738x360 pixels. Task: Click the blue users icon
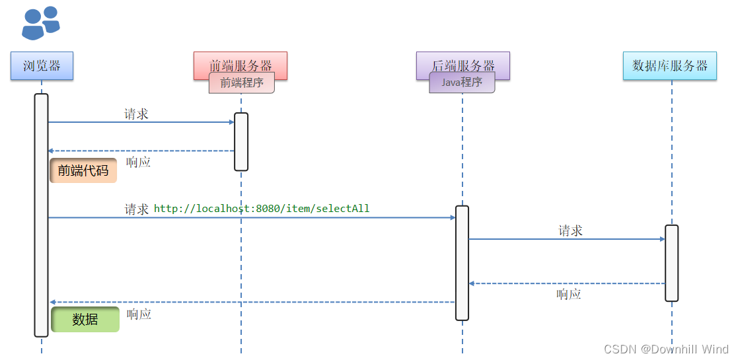tap(41, 23)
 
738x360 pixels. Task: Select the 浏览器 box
tap(42, 65)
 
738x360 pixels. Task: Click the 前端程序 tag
tap(242, 83)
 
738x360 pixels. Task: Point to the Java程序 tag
tap(462, 83)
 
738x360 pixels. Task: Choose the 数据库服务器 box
tap(669, 66)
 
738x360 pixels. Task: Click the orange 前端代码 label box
tap(83, 170)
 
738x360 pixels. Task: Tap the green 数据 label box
tap(85, 319)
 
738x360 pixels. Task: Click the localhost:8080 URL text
tap(262, 209)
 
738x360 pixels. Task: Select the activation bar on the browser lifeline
tap(41, 215)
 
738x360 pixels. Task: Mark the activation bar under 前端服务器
tap(241, 141)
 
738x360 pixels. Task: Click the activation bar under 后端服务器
tap(462, 263)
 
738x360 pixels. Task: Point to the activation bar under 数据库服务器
tap(671, 263)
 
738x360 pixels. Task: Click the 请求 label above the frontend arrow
tap(136, 114)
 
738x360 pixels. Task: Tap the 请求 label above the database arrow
tap(571, 231)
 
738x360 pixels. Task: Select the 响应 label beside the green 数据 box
tap(139, 314)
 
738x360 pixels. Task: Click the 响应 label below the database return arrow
tap(569, 295)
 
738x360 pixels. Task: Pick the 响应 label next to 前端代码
tap(139, 162)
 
